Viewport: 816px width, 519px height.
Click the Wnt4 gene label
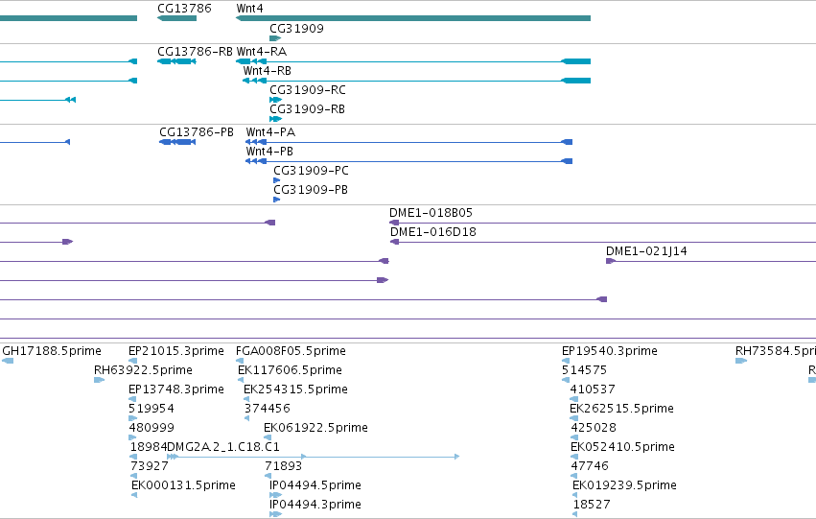coord(250,9)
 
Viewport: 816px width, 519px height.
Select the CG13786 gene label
coord(184,9)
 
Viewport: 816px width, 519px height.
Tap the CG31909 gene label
coord(296,28)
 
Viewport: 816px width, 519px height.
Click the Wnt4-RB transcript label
coord(267,70)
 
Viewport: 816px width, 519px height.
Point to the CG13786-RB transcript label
coord(196,51)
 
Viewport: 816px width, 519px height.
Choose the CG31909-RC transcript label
coord(308,89)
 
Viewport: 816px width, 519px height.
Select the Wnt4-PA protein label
coord(270,131)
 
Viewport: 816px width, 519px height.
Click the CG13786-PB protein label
coord(197,131)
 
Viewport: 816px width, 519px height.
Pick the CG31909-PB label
coord(311,190)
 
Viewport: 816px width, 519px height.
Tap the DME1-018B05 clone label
coord(431,212)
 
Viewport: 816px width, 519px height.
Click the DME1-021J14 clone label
coord(646,251)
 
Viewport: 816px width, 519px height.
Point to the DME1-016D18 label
coord(433,231)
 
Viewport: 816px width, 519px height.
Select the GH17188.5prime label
coord(52,351)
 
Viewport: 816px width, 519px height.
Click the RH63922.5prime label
coord(143,370)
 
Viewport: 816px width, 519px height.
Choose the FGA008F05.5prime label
coord(291,351)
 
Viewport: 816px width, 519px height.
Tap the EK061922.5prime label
coord(315,428)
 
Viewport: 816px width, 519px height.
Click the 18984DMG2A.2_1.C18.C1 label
coord(205,447)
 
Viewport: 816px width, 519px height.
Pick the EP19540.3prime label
coord(610,351)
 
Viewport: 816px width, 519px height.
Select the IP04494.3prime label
coord(315,505)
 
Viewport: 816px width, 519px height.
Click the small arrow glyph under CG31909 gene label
coord(275,38)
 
